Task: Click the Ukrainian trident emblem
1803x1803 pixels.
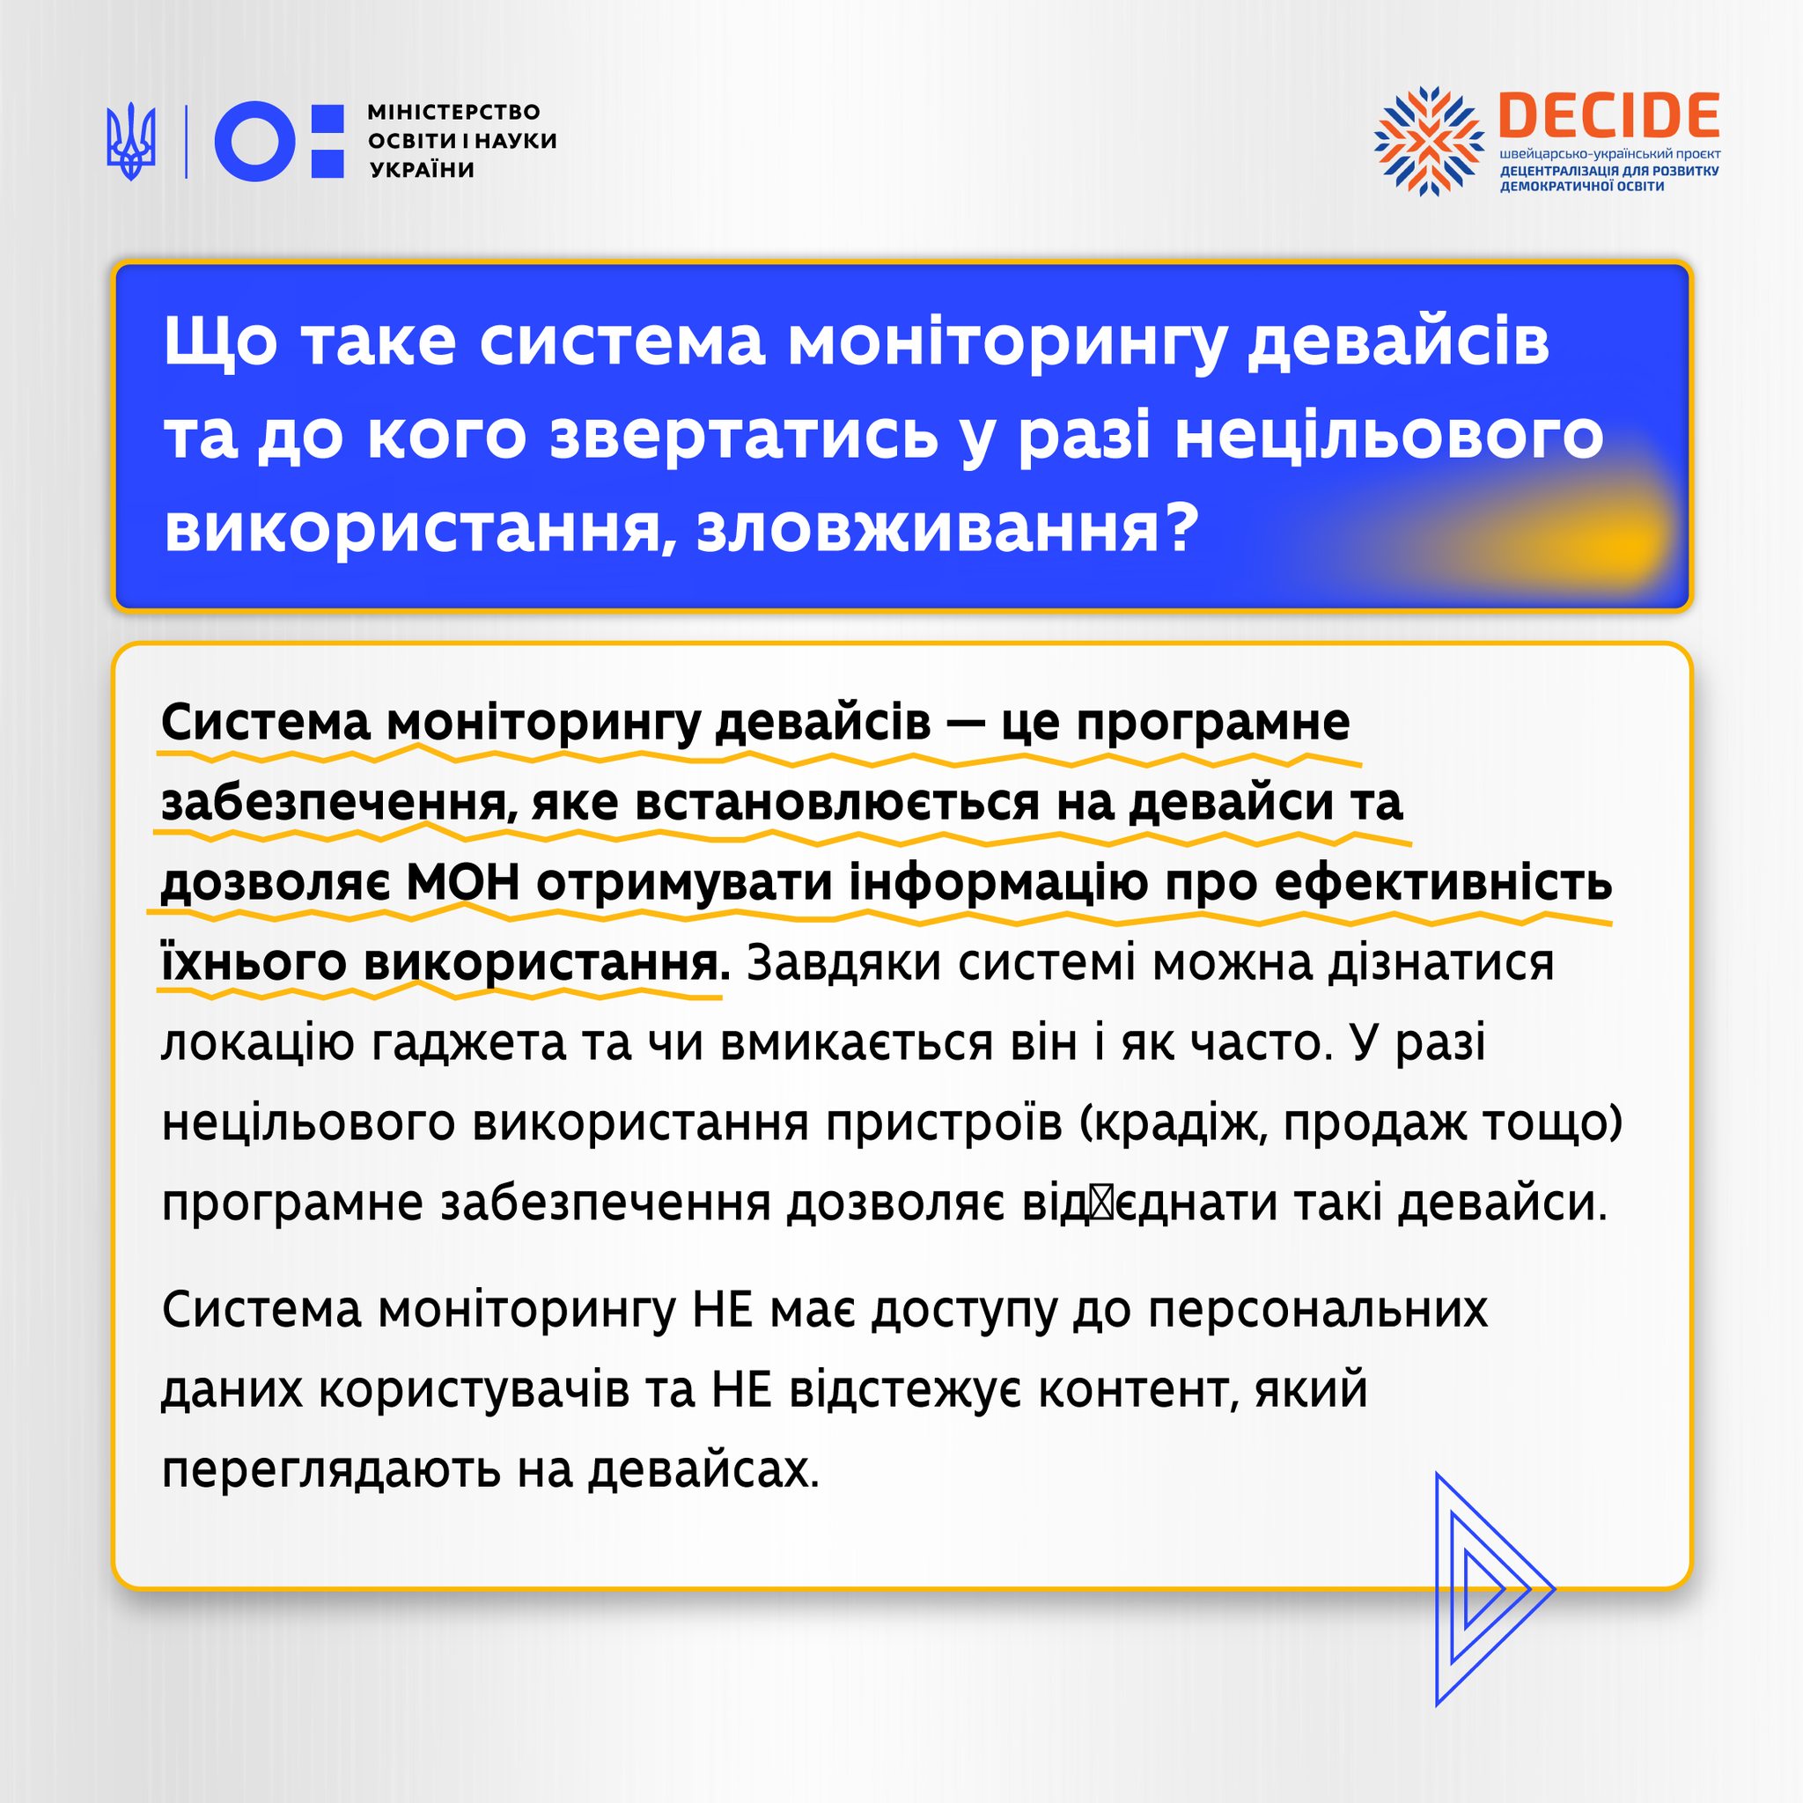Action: (x=130, y=142)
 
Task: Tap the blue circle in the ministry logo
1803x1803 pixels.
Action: (x=254, y=141)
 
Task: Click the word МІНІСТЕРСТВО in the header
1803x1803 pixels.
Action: (x=453, y=112)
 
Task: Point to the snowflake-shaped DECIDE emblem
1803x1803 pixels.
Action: (x=1428, y=141)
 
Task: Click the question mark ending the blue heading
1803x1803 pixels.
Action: (x=1177, y=527)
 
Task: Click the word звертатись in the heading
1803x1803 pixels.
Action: (x=744, y=435)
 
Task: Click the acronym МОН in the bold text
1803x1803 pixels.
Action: (x=464, y=883)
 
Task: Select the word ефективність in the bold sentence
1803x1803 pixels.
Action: (x=1443, y=883)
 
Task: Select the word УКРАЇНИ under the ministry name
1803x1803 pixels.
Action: (x=423, y=170)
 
